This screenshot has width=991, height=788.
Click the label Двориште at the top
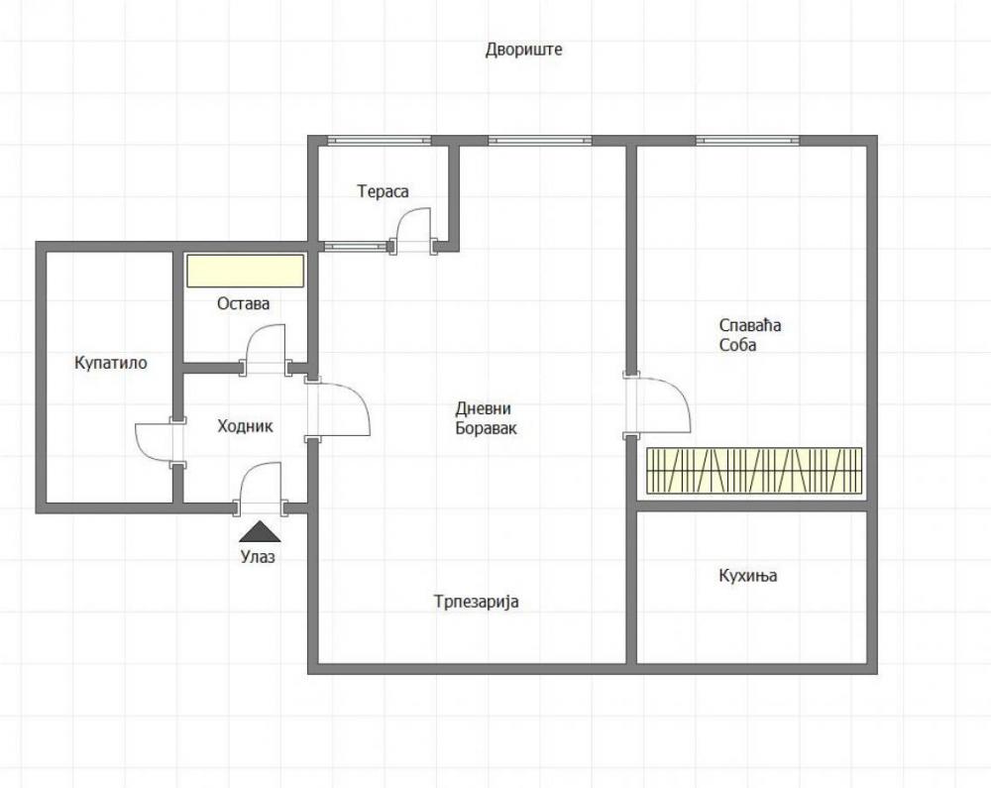[x=523, y=50]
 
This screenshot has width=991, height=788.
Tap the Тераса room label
[x=383, y=191]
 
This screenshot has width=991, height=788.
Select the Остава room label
[x=243, y=303]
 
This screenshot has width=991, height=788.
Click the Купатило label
[x=111, y=363]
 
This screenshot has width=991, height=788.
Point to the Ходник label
[x=245, y=426]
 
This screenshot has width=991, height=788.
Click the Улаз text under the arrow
[x=258, y=557]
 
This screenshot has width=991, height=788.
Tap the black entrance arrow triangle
[x=259, y=531]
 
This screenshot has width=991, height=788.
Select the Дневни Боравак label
[x=486, y=418]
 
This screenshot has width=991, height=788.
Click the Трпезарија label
[x=476, y=602]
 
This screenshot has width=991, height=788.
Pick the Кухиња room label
[x=747, y=576]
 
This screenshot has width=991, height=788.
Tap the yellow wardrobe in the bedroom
[x=754, y=471]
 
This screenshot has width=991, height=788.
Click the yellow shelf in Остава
[x=245, y=271]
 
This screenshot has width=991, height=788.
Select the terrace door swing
[x=412, y=229]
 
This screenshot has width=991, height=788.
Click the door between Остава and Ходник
[x=265, y=349]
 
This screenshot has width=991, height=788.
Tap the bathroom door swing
[x=156, y=442]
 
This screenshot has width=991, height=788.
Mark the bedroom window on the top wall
[x=747, y=140]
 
